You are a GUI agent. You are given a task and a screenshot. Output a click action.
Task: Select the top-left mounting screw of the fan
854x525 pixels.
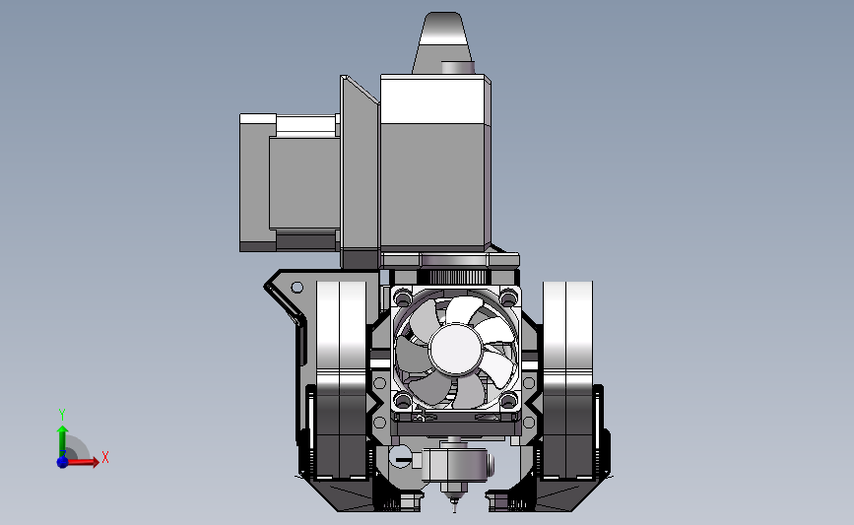(x=403, y=297)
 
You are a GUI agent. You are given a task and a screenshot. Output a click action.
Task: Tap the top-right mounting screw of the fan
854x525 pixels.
(x=508, y=297)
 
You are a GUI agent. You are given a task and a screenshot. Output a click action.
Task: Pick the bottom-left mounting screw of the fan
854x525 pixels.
(x=403, y=401)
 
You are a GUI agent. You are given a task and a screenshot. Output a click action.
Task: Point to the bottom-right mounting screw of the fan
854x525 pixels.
(x=508, y=401)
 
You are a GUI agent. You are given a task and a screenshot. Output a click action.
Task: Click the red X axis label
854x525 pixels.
(x=105, y=457)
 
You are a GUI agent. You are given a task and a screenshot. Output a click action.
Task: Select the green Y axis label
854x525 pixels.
(x=62, y=415)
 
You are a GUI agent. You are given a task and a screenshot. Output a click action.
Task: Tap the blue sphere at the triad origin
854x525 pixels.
(x=62, y=462)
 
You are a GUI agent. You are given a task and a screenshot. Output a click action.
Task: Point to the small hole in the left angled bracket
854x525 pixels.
(x=297, y=287)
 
